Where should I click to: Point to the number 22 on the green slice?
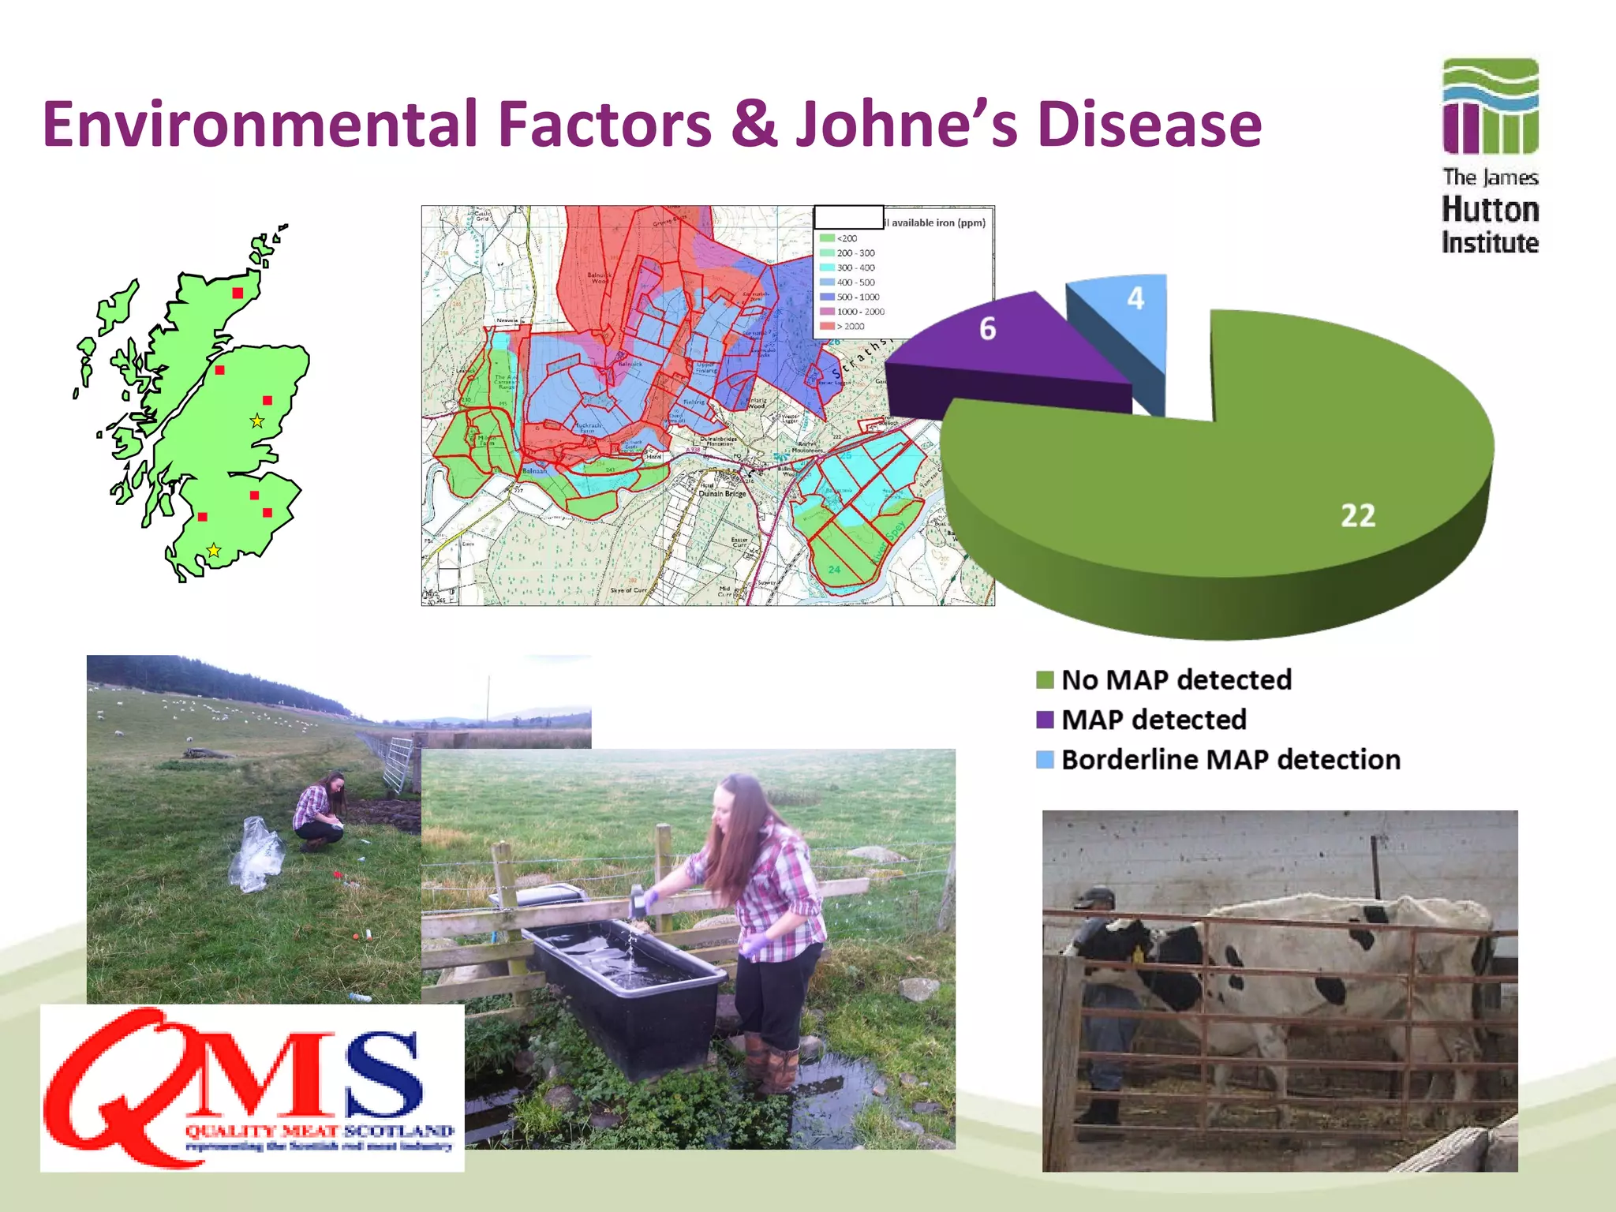1357,515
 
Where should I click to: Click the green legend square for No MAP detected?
1045,680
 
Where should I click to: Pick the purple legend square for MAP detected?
1045,720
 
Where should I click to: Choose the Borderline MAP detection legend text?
1230,760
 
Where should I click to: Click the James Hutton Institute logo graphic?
1490,106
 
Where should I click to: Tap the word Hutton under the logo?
1490,210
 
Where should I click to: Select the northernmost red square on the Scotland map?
238,293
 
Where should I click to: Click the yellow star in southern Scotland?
213,550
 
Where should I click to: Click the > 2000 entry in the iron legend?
849,326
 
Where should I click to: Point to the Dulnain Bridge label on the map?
722,493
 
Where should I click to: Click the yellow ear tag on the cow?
1138,956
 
